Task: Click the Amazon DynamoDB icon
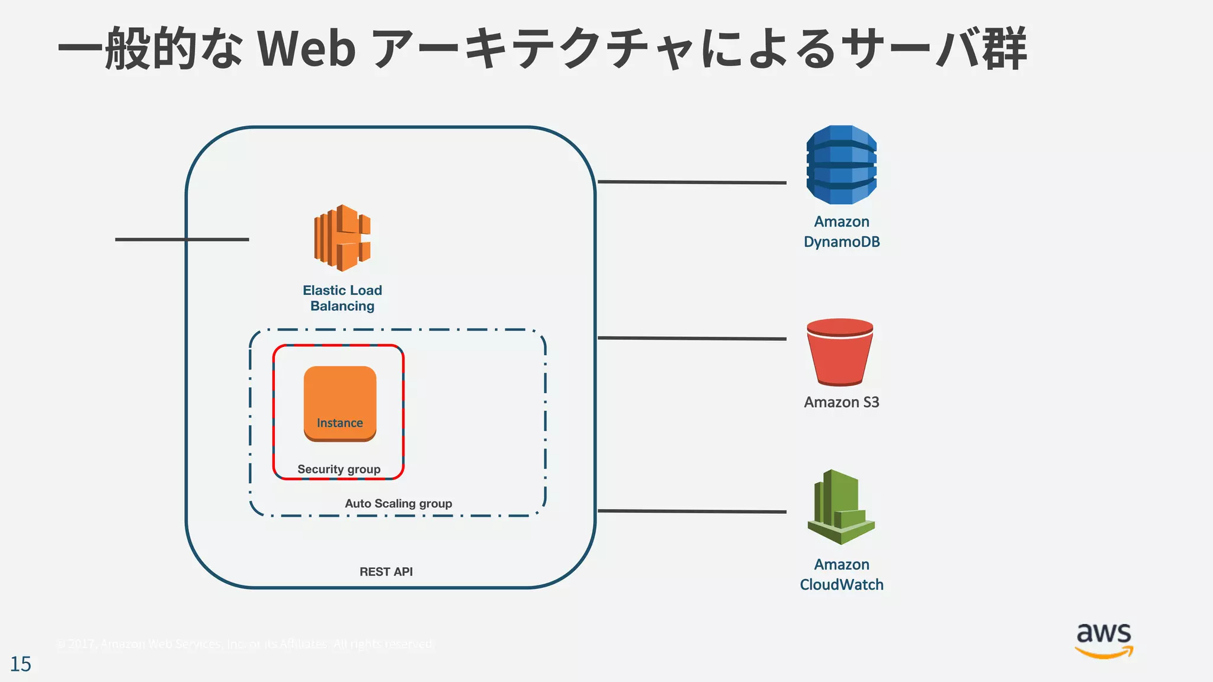tap(841, 165)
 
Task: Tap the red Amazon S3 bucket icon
tap(840, 352)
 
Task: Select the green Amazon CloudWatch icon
tap(841, 507)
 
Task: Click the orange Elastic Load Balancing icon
tap(342, 238)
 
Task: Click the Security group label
tap(339, 469)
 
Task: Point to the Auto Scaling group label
tap(398, 504)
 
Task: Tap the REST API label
tap(386, 572)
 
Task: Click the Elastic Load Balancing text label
tap(342, 298)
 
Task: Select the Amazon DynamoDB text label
tap(841, 231)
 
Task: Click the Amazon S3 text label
tap(841, 403)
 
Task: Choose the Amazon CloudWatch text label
tap(841, 574)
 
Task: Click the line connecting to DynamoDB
tap(692, 182)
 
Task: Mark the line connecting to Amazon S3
tap(692, 339)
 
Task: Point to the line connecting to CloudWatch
tap(692, 511)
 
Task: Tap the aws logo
tap(1104, 640)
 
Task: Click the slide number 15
tap(21, 664)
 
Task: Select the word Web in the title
tap(306, 49)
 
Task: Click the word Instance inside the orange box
tap(340, 423)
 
